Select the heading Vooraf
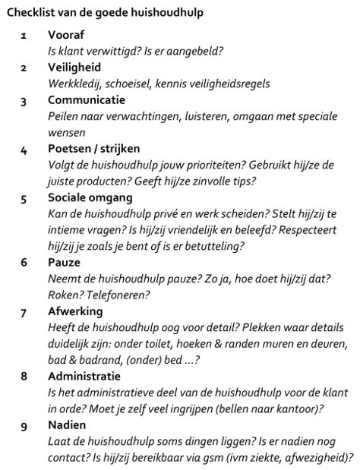pos(66,36)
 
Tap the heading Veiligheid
pos(74,68)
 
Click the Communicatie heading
pos(87,100)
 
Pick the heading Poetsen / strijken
pos(93,149)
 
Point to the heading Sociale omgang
pos(87,198)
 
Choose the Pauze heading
pos(65,263)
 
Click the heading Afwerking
pos(75,311)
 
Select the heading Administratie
pos(84,376)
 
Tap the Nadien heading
pos(67,424)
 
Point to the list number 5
pos(24,199)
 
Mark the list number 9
pos(24,425)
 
